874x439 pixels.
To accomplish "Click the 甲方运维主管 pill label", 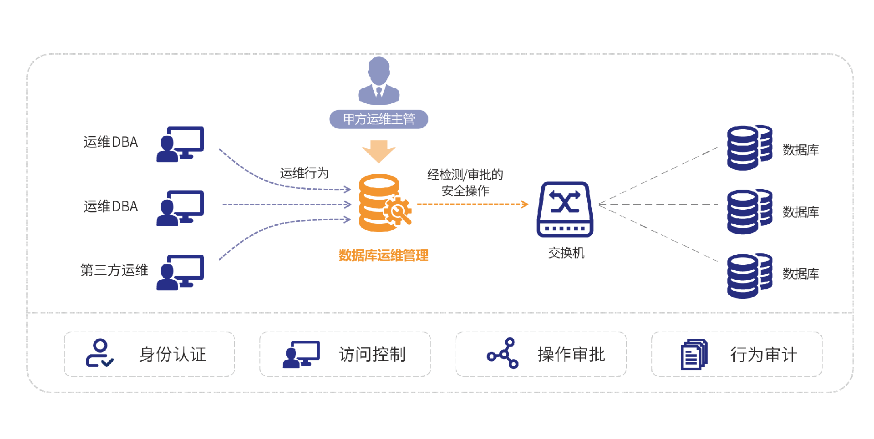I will coord(379,119).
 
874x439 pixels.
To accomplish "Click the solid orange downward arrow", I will coord(379,151).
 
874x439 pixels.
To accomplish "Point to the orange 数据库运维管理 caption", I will coord(383,255).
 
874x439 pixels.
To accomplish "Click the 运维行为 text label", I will coord(304,173).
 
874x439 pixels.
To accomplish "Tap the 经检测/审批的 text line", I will coord(465,175).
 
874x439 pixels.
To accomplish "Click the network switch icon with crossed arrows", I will coord(565,209).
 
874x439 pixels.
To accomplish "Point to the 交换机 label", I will coord(566,253).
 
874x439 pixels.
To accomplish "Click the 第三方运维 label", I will coord(114,270).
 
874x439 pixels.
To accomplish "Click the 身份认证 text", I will coord(173,354).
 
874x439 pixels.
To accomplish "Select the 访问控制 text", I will coord(372,354).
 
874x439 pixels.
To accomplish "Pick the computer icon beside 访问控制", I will coord(301,354).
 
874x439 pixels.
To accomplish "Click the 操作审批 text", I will coord(571,354).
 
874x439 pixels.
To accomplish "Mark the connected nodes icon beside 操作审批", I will coord(503,353).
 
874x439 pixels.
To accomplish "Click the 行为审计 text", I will coord(764,355).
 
